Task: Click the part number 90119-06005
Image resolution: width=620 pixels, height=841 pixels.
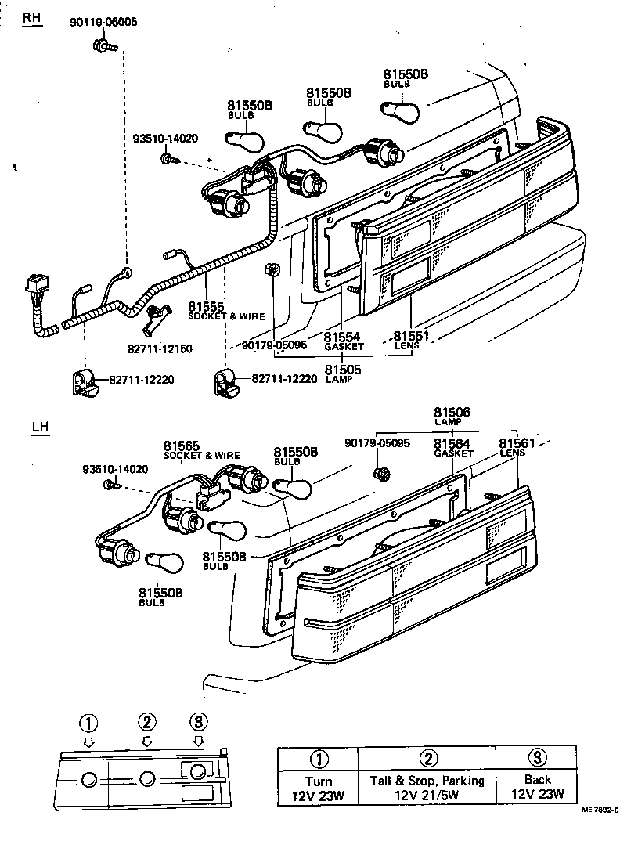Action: (103, 23)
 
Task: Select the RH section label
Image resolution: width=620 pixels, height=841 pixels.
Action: (31, 19)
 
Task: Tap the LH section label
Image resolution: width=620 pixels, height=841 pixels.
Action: (40, 428)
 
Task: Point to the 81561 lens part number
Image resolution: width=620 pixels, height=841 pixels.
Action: (517, 443)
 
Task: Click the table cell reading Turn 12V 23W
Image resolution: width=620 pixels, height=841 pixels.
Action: (319, 789)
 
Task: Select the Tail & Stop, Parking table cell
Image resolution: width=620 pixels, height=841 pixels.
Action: (427, 789)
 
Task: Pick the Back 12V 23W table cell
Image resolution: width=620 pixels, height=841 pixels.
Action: (537, 789)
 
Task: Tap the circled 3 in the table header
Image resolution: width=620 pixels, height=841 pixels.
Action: (537, 758)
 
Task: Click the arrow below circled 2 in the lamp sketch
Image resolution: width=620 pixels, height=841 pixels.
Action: (146, 741)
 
